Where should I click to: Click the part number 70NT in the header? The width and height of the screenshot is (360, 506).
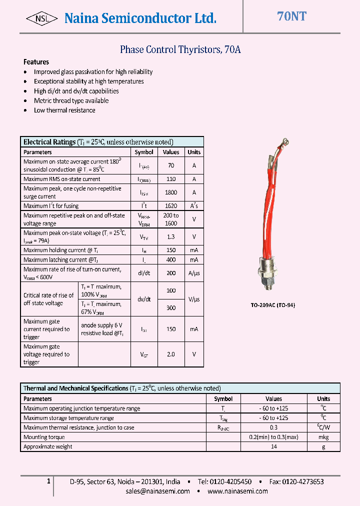coord(291,16)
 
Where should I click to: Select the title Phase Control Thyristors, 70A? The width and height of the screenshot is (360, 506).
coord(180,49)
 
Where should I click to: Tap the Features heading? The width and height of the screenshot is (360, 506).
coord(36,62)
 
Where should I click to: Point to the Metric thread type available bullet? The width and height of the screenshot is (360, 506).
coord(71,100)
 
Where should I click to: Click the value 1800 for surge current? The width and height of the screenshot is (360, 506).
coord(171,192)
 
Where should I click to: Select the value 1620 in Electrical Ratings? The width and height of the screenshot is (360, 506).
coord(171,206)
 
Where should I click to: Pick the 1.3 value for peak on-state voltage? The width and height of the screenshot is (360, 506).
coord(171,237)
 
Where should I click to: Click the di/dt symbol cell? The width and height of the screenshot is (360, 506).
coord(144,273)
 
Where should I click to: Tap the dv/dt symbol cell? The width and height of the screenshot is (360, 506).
coord(144,299)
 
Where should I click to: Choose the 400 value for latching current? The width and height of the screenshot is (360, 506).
coord(171,260)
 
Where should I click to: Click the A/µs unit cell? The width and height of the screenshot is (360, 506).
coord(194,273)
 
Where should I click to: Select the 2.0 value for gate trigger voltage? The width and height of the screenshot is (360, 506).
coord(171,354)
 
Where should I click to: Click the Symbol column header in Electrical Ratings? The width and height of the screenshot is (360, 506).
coord(144,152)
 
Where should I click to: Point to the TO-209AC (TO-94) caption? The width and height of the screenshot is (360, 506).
coord(272,305)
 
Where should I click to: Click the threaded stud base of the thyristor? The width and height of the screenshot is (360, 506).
coord(270,283)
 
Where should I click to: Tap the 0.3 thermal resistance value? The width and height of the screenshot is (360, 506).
coord(273,427)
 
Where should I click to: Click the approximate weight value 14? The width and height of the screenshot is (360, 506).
coord(273,446)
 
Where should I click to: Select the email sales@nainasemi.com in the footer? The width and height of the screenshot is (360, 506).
coord(157,491)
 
